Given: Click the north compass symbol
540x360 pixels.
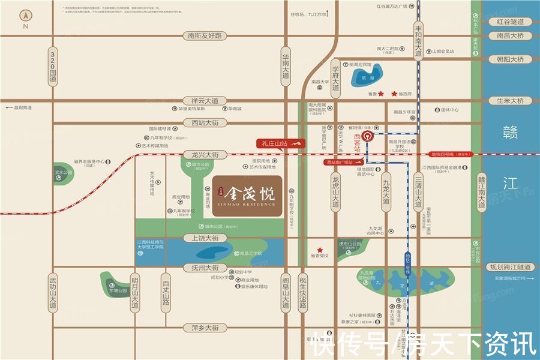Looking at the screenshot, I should click(x=25, y=17).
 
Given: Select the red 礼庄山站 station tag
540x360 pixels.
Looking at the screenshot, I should click(x=281, y=143).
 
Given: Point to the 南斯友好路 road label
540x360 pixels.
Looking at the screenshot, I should click(x=205, y=36).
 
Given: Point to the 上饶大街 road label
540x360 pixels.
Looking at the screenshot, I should click(x=205, y=238).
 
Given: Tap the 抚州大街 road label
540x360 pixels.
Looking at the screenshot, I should click(x=205, y=268).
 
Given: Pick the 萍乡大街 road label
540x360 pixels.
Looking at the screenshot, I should click(x=205, y=328).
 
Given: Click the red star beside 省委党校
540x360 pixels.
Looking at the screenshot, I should click(x=320, y=250).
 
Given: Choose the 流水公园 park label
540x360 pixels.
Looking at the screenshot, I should click(x=63, y=173).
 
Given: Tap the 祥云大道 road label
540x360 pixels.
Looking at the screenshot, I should click(x=205, y=101).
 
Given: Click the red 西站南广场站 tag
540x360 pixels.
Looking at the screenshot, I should click(x=344, y=163).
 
